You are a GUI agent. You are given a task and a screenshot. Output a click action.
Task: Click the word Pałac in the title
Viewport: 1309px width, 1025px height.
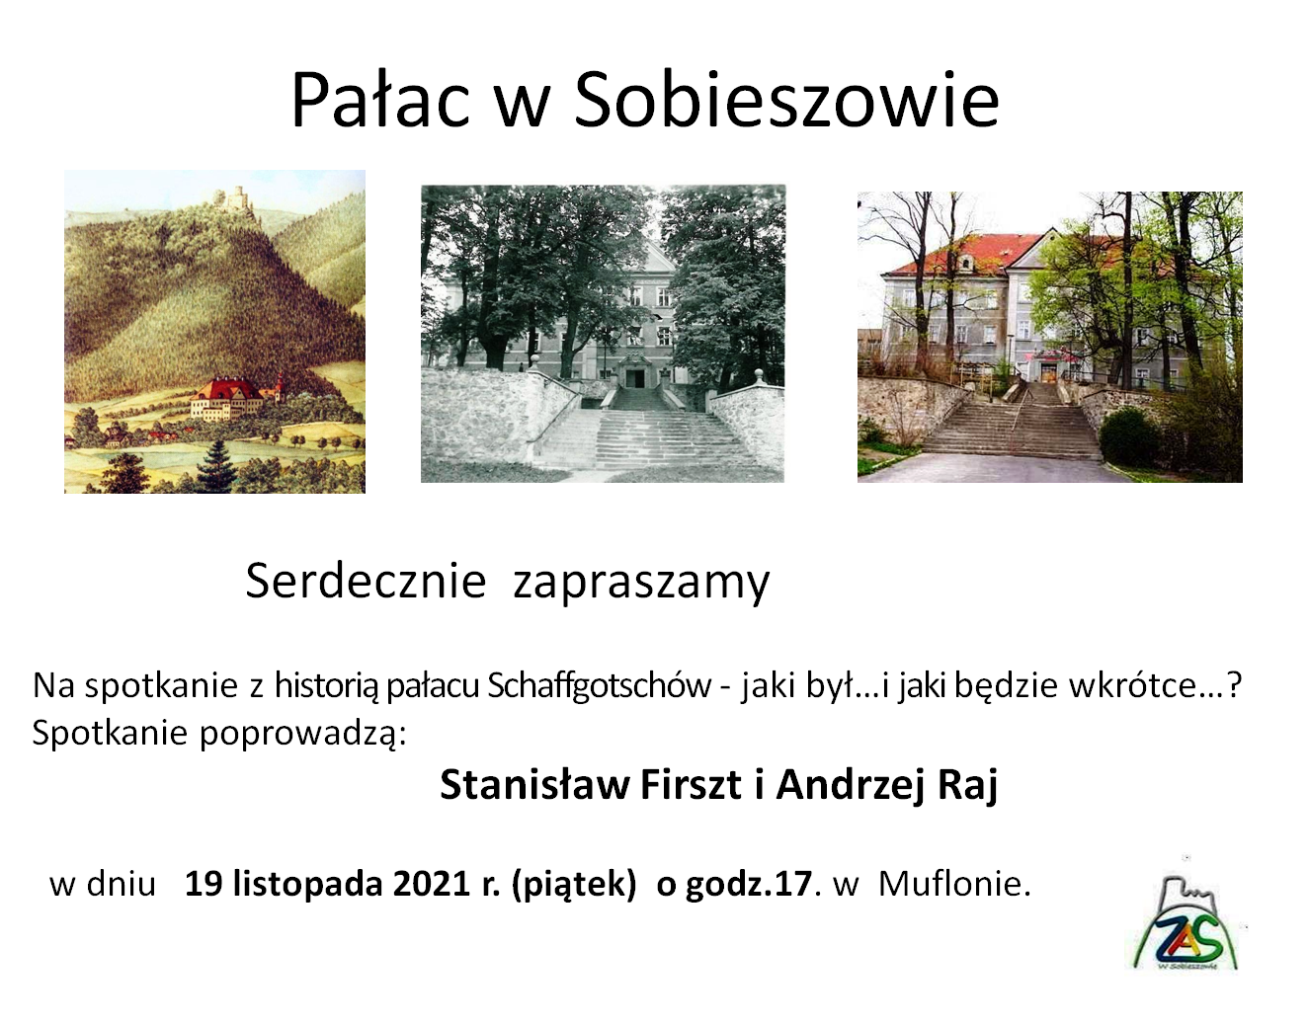pos(380,100)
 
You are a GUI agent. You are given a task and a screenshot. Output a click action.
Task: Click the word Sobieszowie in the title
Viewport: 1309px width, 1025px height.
pos(786,100)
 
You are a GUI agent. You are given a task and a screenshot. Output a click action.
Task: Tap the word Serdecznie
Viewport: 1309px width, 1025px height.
pos(366,581)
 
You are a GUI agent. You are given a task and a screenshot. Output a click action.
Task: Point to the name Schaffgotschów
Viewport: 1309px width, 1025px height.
pos(600,685)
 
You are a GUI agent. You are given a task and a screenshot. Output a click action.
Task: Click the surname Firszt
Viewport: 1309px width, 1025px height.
pos(691,784)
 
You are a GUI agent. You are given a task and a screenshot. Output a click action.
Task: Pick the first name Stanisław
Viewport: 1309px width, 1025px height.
pos(534,784)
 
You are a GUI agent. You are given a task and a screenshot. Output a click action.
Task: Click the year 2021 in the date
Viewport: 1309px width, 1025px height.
pos(432,884)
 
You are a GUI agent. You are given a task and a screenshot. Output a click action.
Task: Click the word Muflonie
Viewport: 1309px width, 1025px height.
pos(954,884)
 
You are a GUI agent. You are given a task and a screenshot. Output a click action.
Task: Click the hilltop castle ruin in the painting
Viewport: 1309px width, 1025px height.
pos(234,199)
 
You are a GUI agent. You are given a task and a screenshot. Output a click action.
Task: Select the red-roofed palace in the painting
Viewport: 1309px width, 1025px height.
pos(226,397)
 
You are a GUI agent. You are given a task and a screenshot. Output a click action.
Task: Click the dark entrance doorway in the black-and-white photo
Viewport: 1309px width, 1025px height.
pos(634,378)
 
